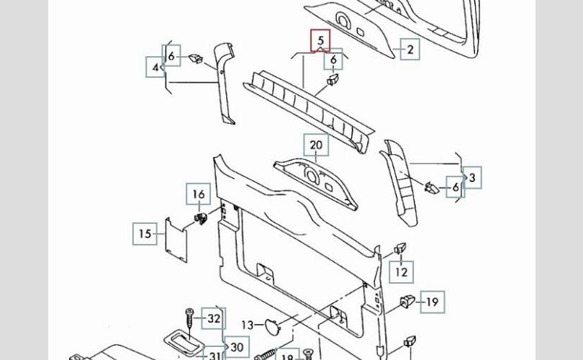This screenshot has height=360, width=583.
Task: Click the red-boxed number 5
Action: click(x=321, y=41)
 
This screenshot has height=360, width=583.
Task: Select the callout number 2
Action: click(x=410, y=49)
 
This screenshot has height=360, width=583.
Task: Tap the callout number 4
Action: click(x=155, y=68)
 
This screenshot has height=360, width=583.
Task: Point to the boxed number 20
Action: click(x=316, y=145)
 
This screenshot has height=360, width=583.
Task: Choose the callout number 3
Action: click(x=472, y=176)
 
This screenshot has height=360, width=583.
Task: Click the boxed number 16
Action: click(x=199, y=194)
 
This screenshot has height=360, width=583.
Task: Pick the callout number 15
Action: click(x=145, y=234)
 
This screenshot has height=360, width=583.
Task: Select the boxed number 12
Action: click(x=402, y=272)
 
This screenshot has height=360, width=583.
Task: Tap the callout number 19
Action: click(x=432, y=302)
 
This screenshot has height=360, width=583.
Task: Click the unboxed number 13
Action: click(x=247, y=324)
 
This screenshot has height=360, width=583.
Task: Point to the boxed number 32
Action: click(x=214, y=318)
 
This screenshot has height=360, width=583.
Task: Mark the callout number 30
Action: click(x=237, y=346)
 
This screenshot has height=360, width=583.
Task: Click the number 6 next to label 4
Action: click(x=171, y=55)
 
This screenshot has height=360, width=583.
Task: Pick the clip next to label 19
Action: click(x=407, y=301)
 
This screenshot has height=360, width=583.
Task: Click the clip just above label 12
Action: click(x=400, y=250)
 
